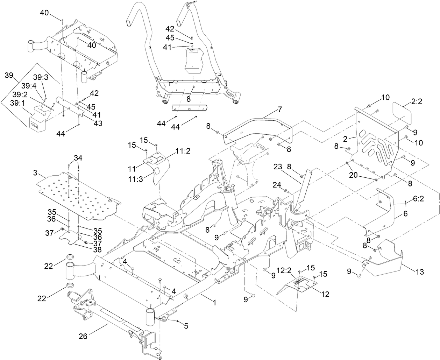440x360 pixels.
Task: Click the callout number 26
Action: (x=83, y=337)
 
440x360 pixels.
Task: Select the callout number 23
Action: (x=278, y=167)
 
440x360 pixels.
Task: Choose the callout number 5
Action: (x=186, y=326)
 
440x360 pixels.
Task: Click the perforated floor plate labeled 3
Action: (x=80, y=196)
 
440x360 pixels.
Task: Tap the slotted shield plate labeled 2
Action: (x=376, y=143)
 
